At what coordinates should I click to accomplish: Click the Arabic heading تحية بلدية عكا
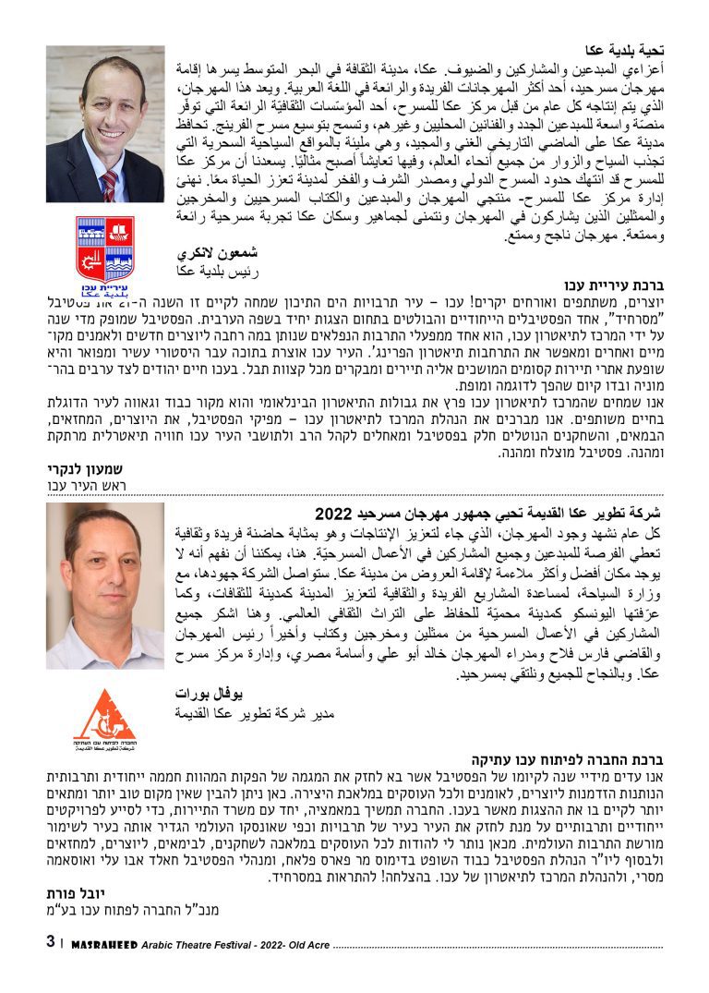(x=625, y=50)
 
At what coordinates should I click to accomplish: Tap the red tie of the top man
(x=110, y=185)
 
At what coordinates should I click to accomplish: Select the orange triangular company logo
(x=102, y=715)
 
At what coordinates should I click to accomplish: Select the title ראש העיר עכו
(x=86, y=485)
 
